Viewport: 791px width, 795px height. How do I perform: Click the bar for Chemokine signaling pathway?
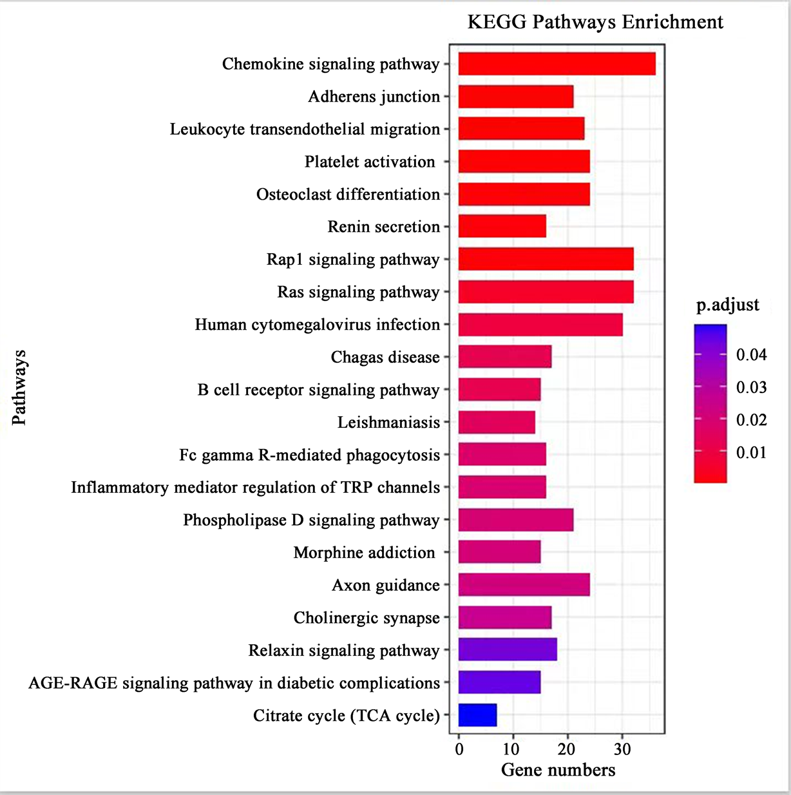pyautogui.click(x=557, y=64)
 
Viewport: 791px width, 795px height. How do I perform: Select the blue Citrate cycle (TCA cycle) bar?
pyautogui.click(x=477, y=715)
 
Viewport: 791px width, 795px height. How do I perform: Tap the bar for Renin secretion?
pyautogui.click(x=502, y=227)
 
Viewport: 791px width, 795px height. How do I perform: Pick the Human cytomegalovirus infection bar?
pyautogui.click(x=540, y=325)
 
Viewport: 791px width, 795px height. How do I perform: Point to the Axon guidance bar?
pyautogui.click(x=524, y=585)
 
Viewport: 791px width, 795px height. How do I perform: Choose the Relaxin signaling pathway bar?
pyautogui.click(x=508, y=649)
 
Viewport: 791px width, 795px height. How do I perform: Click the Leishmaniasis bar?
pyautogui.click(x=497, y=422)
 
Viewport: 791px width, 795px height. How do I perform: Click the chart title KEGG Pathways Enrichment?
pyautogui.click(x=595, y=22)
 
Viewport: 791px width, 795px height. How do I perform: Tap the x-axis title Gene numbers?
pyautogui.click(x=558, y=770)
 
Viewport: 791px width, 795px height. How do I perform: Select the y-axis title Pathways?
pyautogui.click(x=19, y=387)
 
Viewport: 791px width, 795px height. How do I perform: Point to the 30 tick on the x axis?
pyautogui.click(x=622, y=749)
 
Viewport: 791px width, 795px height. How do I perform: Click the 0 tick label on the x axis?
pyautogui.click(x=459, y=749)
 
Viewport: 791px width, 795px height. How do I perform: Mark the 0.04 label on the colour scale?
pyautogui.click(x=751, y=354)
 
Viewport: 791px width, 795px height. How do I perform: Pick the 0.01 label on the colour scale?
pyautogui.click(x=751, y=452)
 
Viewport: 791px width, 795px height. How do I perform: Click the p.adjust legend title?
pyautogui.click(x=727, y=305)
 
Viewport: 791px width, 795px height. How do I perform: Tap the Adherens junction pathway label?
pyautogui.click(x=374, y=97)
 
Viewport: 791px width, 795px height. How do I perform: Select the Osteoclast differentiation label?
pyautogui.click(x=348, y=195)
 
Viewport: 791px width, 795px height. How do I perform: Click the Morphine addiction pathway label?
pyautogui.click(x=364, y=553)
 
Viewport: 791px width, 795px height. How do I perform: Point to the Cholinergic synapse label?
pyautogui.click(x=367, y=618)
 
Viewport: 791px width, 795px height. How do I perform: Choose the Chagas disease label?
pyautogui.click(x=385, y=357)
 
